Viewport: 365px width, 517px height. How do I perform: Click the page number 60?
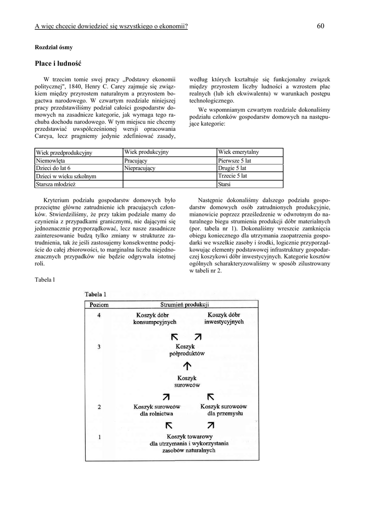tap(321, 26)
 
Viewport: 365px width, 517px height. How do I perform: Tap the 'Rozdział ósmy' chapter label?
tap(53, 47)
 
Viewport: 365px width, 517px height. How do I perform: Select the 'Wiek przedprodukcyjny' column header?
tap(64, 152)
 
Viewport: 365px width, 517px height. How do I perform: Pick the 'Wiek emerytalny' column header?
tap(238, 152)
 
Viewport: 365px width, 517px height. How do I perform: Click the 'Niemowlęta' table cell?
tap(54, 161)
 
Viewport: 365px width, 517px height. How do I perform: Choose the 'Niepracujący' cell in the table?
tap(140, 168)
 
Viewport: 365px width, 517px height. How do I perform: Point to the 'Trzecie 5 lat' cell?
tap(232, 176)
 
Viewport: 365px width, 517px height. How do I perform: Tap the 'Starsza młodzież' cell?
tap(55, 184)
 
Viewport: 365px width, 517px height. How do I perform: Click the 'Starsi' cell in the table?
tap(224, 184)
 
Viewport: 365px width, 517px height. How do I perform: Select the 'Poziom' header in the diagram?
tap(99, 305)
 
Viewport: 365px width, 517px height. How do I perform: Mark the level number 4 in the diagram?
tap(99, 316)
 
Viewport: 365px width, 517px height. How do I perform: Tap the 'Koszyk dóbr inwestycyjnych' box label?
tap(224, 318)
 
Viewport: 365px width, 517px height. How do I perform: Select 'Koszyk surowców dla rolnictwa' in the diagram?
tap(157, 410)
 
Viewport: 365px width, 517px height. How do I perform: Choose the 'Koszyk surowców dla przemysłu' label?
tap(223, 409)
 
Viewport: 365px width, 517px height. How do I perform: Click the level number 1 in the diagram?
tap(99, 437)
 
